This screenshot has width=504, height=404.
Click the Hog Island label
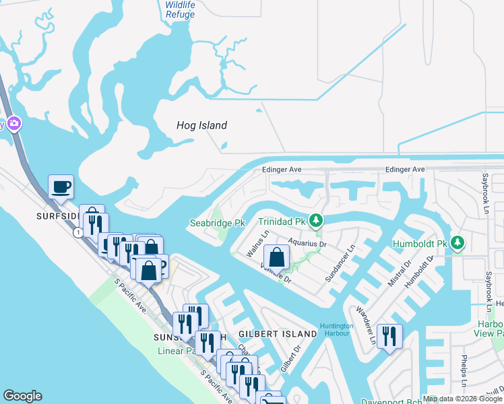tap(201, 125)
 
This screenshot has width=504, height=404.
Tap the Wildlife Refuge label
tap(181, 8)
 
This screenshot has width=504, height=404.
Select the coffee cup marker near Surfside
tap(61, 187)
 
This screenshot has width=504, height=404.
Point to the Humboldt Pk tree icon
tap(458, 242)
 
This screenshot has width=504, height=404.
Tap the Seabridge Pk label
tap(216, 223)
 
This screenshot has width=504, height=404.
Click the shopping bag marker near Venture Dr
tap(276, 257)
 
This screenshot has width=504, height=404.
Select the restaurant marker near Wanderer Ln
tap(389, 335)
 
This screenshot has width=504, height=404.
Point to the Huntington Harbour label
tap(335, 330)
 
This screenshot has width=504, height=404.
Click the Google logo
tap(22, 397)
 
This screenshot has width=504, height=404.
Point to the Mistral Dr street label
tap(398, 274)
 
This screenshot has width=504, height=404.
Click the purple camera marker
tap(13, 124)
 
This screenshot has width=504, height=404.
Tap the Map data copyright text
tap(463, 399)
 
